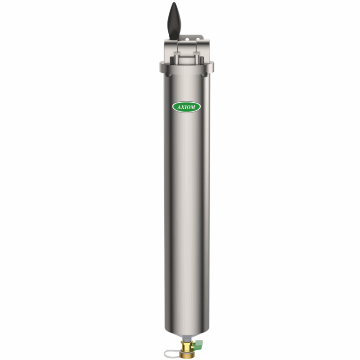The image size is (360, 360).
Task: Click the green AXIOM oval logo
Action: click(187, 107)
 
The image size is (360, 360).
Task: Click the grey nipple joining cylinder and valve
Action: click(187, 338)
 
